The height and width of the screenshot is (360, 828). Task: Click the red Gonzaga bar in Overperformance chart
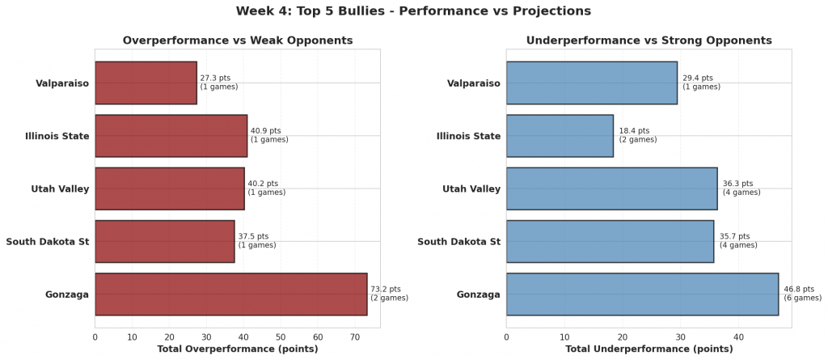point(230,294)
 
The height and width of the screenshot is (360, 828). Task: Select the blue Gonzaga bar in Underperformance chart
point(642,294)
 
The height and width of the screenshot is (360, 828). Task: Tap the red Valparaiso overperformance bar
point(146,83)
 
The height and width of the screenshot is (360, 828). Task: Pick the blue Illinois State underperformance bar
point(560,136)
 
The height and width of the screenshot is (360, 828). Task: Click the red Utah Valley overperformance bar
point(170,188)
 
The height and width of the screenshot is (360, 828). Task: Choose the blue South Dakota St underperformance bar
point(610,241)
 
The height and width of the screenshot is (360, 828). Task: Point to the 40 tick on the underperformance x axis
point(738,337)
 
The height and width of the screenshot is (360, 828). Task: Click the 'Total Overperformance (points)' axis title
point(237,349)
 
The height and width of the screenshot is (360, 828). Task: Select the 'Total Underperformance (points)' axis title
point(648,349)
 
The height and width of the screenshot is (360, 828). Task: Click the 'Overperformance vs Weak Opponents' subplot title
point(237,40)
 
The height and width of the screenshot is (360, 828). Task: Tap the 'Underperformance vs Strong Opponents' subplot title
point(648,40)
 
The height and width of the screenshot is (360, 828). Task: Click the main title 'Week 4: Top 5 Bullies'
point(413,11)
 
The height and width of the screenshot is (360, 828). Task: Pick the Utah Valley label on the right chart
point(471,189)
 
